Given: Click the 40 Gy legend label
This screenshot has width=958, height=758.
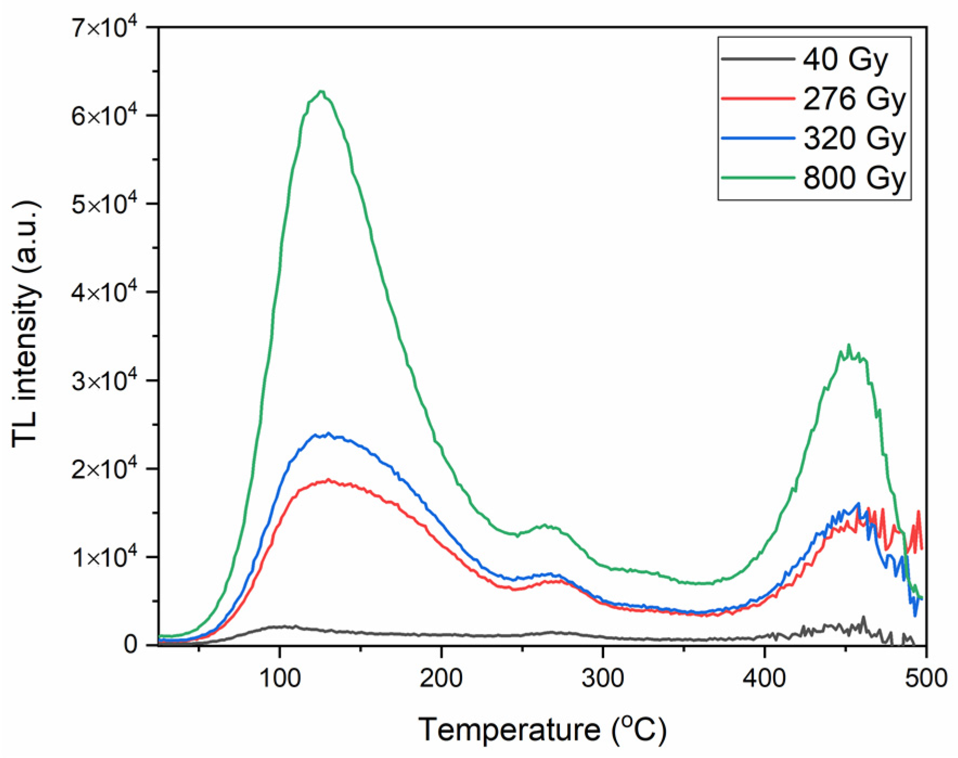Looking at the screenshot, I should click(845, 60).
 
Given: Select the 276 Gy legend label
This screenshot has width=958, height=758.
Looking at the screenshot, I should click(855, 99).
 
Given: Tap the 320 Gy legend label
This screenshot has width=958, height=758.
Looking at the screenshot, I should click(855, 138).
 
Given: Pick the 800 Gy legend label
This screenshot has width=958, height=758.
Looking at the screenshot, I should click(855, 178).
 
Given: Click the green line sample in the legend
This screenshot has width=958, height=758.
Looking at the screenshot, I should click(758, 177).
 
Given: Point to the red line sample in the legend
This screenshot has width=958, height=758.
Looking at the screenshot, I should click(758, 99).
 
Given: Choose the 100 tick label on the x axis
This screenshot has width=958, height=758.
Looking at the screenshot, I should click(279, 678).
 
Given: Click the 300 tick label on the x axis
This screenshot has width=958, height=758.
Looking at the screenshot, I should click(603, 678).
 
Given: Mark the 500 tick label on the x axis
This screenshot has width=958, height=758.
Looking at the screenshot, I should click(925, 678).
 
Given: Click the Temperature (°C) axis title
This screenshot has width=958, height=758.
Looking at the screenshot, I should click(542, 729).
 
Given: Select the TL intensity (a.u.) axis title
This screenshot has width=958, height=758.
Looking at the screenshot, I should click(26, 324).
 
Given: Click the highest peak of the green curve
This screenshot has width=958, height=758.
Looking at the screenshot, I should click(321, 91).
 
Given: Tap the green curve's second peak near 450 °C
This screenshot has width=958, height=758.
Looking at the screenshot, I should click(849, 346).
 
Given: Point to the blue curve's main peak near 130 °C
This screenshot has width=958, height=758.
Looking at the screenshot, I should click(328, 433).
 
